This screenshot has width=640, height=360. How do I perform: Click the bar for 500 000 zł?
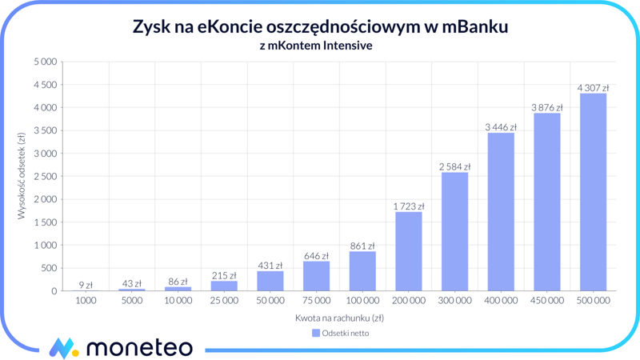pos(593,192)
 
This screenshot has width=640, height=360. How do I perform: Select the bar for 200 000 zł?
pos(409,251)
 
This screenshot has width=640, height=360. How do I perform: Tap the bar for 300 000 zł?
pos(454,231)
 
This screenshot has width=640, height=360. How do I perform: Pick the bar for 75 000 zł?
pos(317,276)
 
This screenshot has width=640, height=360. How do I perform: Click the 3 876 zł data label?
pos(547,107)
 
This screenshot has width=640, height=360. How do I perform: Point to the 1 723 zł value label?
pos(409,206)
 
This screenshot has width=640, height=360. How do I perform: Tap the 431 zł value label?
pos(270,266)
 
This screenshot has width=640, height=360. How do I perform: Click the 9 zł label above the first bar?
pos(86,285)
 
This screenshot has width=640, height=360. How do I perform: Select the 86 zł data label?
pos(178,282)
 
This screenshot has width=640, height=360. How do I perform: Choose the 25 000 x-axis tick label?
pos(224,301)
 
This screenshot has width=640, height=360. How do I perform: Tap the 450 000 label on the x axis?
pos(547,301)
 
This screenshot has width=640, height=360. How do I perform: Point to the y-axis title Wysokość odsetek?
pos(22,176)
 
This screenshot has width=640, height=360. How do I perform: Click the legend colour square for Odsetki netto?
pos(316,333)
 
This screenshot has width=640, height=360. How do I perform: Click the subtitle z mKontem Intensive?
pos(316,46)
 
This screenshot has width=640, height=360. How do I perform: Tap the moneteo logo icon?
pos(63,347)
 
